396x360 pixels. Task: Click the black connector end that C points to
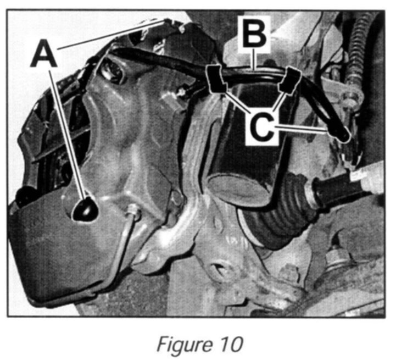342,134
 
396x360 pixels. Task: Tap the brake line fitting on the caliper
132,210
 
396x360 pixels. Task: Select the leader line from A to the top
110,35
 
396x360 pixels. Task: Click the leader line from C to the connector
308,129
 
